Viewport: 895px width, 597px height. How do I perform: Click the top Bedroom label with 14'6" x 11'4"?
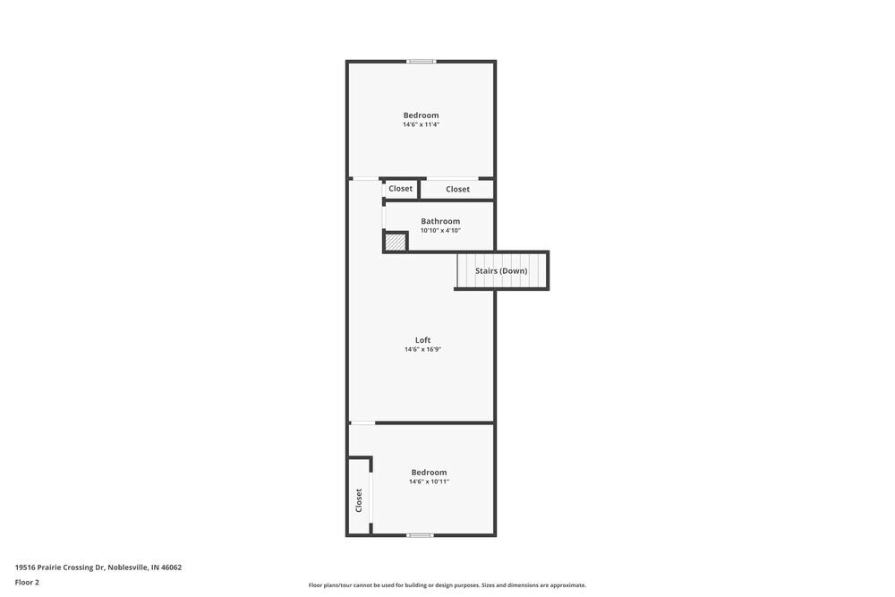[x=421, y=115]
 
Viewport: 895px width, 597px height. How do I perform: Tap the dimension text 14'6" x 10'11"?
[x=429, y=482]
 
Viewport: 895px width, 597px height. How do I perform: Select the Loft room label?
[x=422, y=340]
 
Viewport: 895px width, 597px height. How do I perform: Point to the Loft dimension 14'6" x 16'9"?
[x=422, y=350]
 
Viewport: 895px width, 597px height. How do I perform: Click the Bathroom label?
[x=440, y=221]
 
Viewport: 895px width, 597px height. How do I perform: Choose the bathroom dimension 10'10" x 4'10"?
[x=440, y=231]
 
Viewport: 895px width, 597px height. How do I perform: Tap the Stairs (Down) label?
[x=501, y=270]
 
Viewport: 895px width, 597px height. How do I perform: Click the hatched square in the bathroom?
[x=395, y=242]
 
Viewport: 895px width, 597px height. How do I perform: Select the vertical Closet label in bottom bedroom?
[x=359, y=499]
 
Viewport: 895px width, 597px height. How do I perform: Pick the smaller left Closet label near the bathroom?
[x=400, y=189]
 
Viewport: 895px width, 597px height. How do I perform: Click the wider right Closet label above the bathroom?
[x=457, y=189]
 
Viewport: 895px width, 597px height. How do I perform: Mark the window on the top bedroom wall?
[x=421, y=62]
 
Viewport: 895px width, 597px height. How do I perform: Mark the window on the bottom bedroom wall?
[x=420, y=535]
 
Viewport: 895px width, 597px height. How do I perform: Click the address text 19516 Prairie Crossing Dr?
[x=98, y=567]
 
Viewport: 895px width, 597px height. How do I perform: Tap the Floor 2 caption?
[x=27, y=582]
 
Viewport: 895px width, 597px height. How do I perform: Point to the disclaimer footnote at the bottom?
[x=447, y=585]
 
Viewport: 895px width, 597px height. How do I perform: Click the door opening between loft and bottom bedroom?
[x=362, y=422]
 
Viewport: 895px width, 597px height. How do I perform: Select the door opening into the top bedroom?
[x=365, y=179]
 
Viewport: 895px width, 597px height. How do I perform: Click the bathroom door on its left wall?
[x=384, y=217]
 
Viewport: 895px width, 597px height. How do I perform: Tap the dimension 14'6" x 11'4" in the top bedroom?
[x=421, y=125]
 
